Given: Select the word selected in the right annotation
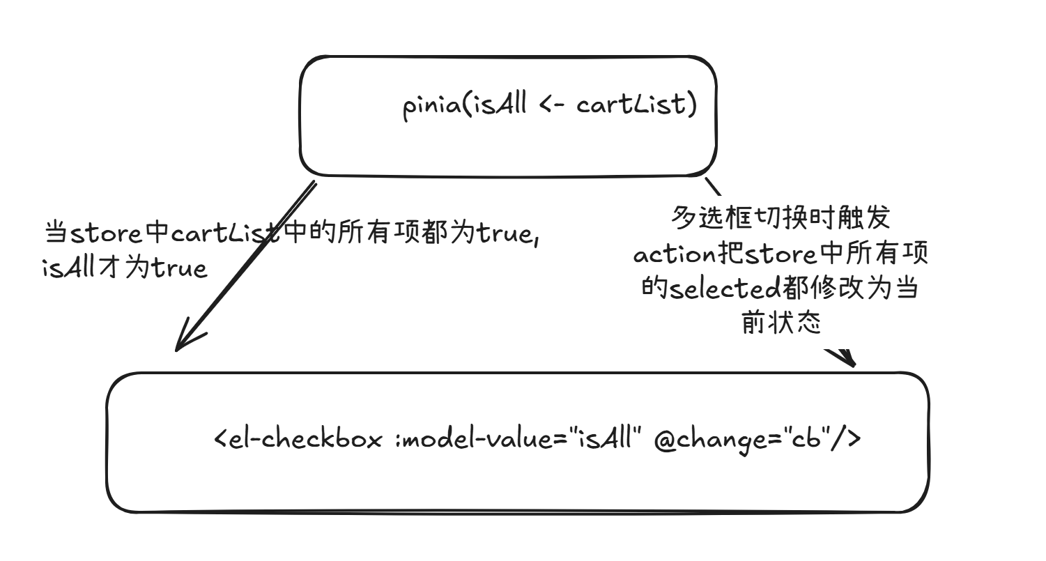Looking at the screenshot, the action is coord(724,289).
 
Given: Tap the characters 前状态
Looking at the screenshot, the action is coord(780,323).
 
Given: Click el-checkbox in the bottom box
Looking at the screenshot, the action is coord(307,440).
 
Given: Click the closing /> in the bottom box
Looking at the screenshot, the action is coord(849,440).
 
